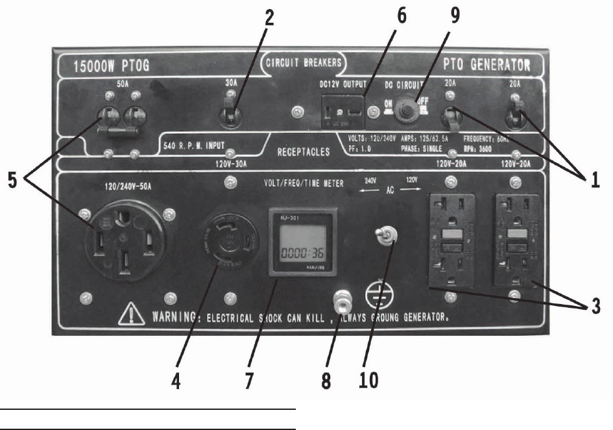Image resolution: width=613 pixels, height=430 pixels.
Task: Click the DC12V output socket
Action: [342, 110]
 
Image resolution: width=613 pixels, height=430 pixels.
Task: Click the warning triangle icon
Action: [132, 316]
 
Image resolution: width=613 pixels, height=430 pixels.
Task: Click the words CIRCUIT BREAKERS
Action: [304, 63]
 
